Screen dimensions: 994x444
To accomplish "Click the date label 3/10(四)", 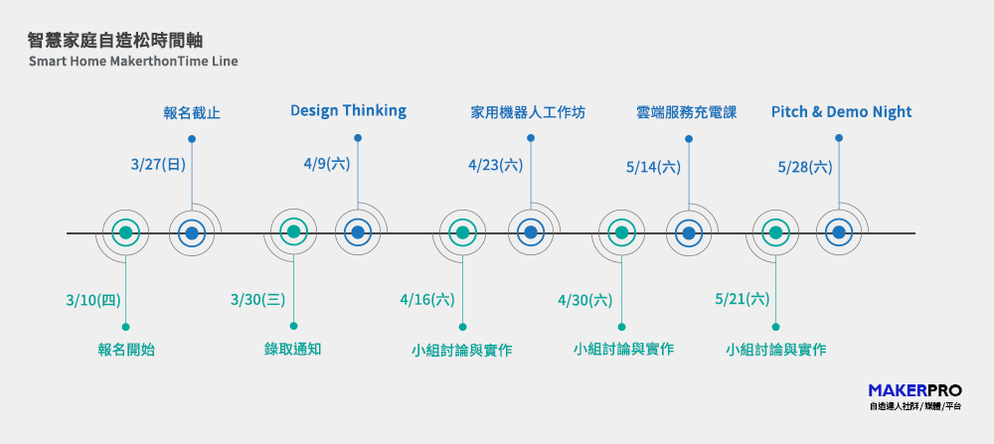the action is (x=93, y=300).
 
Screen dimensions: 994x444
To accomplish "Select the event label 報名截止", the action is (x=192, y=114).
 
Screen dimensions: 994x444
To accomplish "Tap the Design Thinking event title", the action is (x=348, y=111).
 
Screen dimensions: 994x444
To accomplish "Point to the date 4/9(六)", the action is (x=326, y=164).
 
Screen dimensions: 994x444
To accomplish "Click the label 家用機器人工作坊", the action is (x=528, y=113).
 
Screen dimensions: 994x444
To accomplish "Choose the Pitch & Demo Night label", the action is (x=841, y=112).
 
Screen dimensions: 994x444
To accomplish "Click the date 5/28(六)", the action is (x=805, y=167).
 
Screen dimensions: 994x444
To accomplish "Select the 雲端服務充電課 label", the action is (x=687, y=113).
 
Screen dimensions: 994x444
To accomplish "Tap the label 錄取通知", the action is (x=293, y=349).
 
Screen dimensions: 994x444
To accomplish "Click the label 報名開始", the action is (x=126, y=350).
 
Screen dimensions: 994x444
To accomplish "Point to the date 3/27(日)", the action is (x=158, y=165).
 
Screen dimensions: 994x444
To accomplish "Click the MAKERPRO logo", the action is (x=914, y=396).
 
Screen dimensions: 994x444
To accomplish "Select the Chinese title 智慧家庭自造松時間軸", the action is (x=115, y=41).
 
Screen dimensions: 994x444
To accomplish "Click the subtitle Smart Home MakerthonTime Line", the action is (x=133, y=62).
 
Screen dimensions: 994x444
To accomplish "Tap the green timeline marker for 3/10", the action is (x=125, y=232).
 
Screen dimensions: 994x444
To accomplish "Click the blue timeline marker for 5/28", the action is (x=839, y=232).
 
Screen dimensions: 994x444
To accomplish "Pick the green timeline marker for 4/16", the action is (x=463, y=232).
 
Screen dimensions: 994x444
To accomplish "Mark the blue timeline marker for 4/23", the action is (x=531, y=232).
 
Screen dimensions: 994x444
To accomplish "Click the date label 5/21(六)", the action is (x=743, y=299).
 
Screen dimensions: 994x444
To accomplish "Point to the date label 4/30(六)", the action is (x=585, y=300).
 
